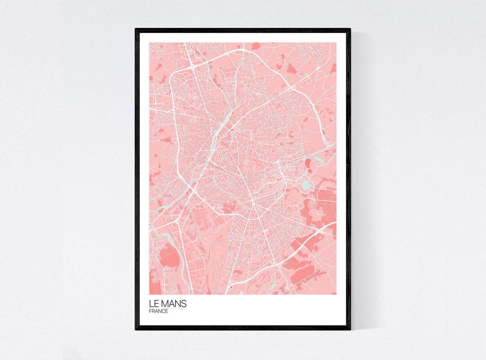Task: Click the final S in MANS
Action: click(x=184, y=304)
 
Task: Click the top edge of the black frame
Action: click(x=243, y=30)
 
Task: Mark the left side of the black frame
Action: click(x=137, y=180)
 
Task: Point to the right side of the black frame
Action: click(x=349, y=180)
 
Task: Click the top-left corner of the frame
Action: click(x=137, y=30)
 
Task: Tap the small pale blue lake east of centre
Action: click(x=306, y=184)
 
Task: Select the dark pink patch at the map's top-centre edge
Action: click(x=256, y=45)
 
